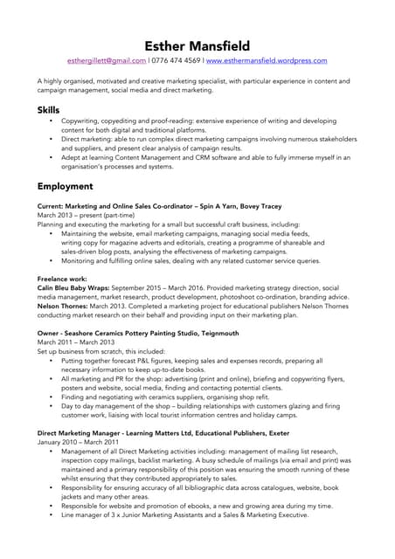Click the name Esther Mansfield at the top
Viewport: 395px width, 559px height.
197,45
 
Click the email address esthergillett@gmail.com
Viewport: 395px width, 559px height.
107,61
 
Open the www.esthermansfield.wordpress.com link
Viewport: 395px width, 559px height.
267,61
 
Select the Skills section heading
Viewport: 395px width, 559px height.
49,111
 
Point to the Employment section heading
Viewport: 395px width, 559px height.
65,186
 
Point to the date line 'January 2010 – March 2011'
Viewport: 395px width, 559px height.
78,442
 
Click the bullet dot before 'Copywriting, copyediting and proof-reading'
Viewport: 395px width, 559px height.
51,121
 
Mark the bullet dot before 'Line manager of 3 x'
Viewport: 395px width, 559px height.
51,515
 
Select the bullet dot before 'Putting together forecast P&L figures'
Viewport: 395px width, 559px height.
51,361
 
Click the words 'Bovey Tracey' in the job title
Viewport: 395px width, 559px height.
260,206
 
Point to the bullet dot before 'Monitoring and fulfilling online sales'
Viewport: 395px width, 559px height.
51,260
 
